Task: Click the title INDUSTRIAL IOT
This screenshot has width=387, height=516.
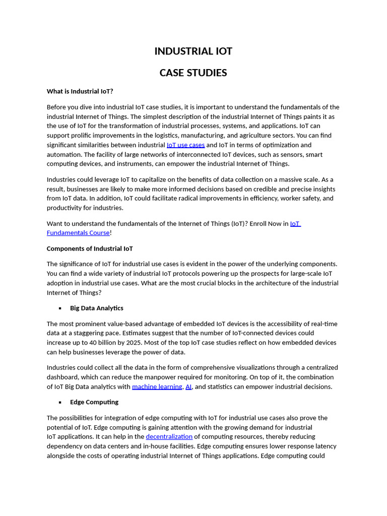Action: coord(193,51)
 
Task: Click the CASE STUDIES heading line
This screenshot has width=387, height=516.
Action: coord(193,73)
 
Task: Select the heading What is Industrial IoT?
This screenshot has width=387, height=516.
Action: coord(80,91)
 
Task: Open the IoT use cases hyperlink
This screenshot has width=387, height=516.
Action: coord(185,145)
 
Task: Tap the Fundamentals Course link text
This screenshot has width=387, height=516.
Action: coord(78,233)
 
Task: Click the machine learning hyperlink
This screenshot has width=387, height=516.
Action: coord(157,386)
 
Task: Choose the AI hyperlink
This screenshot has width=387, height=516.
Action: coord(188,386)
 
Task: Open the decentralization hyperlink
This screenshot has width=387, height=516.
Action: coord(169,436)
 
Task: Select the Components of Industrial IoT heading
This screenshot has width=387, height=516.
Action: coord(90,248)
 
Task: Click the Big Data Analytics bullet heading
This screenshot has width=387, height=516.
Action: coord(96,308)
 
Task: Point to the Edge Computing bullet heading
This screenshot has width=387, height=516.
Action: coord(94,402)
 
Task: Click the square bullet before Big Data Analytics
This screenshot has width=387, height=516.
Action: coord(60,308)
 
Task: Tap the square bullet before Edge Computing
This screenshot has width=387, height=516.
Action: coord(60,403)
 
